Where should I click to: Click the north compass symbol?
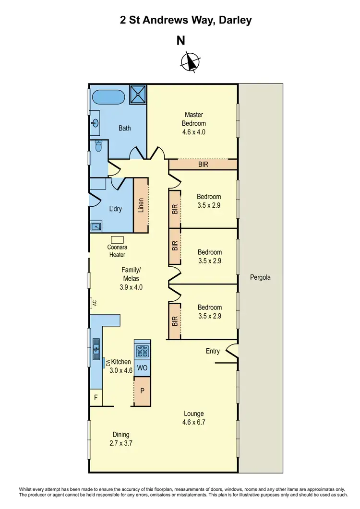tap(191, 61)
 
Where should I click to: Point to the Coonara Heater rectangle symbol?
tap(117, 239)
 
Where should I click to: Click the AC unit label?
tap(95, 303)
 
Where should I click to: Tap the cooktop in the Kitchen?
tap(143, 352)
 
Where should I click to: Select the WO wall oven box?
tap(142, 368)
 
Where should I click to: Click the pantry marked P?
tap(142, 391)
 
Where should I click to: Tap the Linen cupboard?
tap(141, 205)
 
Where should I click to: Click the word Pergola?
tap(261, 277)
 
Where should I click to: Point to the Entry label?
tap(213, 351)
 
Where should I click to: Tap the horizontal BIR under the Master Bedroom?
tap(203, 165)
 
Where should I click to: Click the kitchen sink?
tap(96, 345)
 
